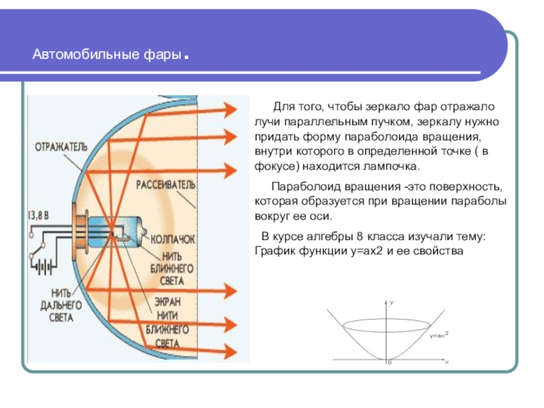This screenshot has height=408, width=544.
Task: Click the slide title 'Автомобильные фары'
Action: tap(107, 53)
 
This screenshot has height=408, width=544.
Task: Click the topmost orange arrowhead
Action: tap(225, 109)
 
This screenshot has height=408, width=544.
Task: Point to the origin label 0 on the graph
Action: tap(389, 363)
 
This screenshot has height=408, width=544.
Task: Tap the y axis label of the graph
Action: tap(393, 300)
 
